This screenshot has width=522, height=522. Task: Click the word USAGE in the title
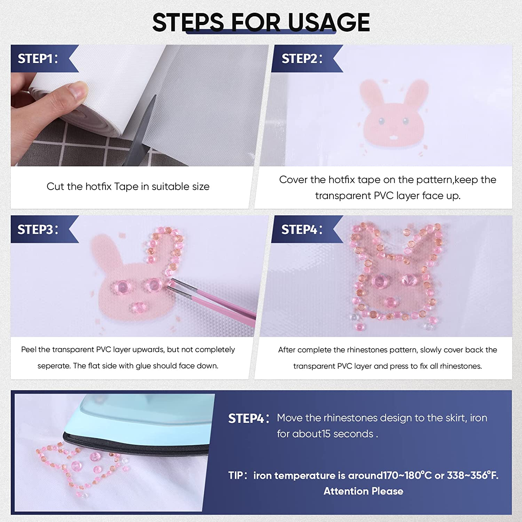click(x=329, y=22)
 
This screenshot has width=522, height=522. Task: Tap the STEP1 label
click(x=38, y=58)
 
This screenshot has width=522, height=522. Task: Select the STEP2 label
click(x=302, y=58)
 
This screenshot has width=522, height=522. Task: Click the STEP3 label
click(x=38, y=229)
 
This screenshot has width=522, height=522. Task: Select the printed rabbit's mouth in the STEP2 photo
click(x=393, y=137)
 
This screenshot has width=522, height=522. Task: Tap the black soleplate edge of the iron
click(x=136, y=445)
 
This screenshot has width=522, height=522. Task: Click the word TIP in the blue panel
click(x=235, y=475)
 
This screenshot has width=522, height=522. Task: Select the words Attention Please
click(x=363, y=491)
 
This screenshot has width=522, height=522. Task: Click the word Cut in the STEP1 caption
click(x=55, y=187)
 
